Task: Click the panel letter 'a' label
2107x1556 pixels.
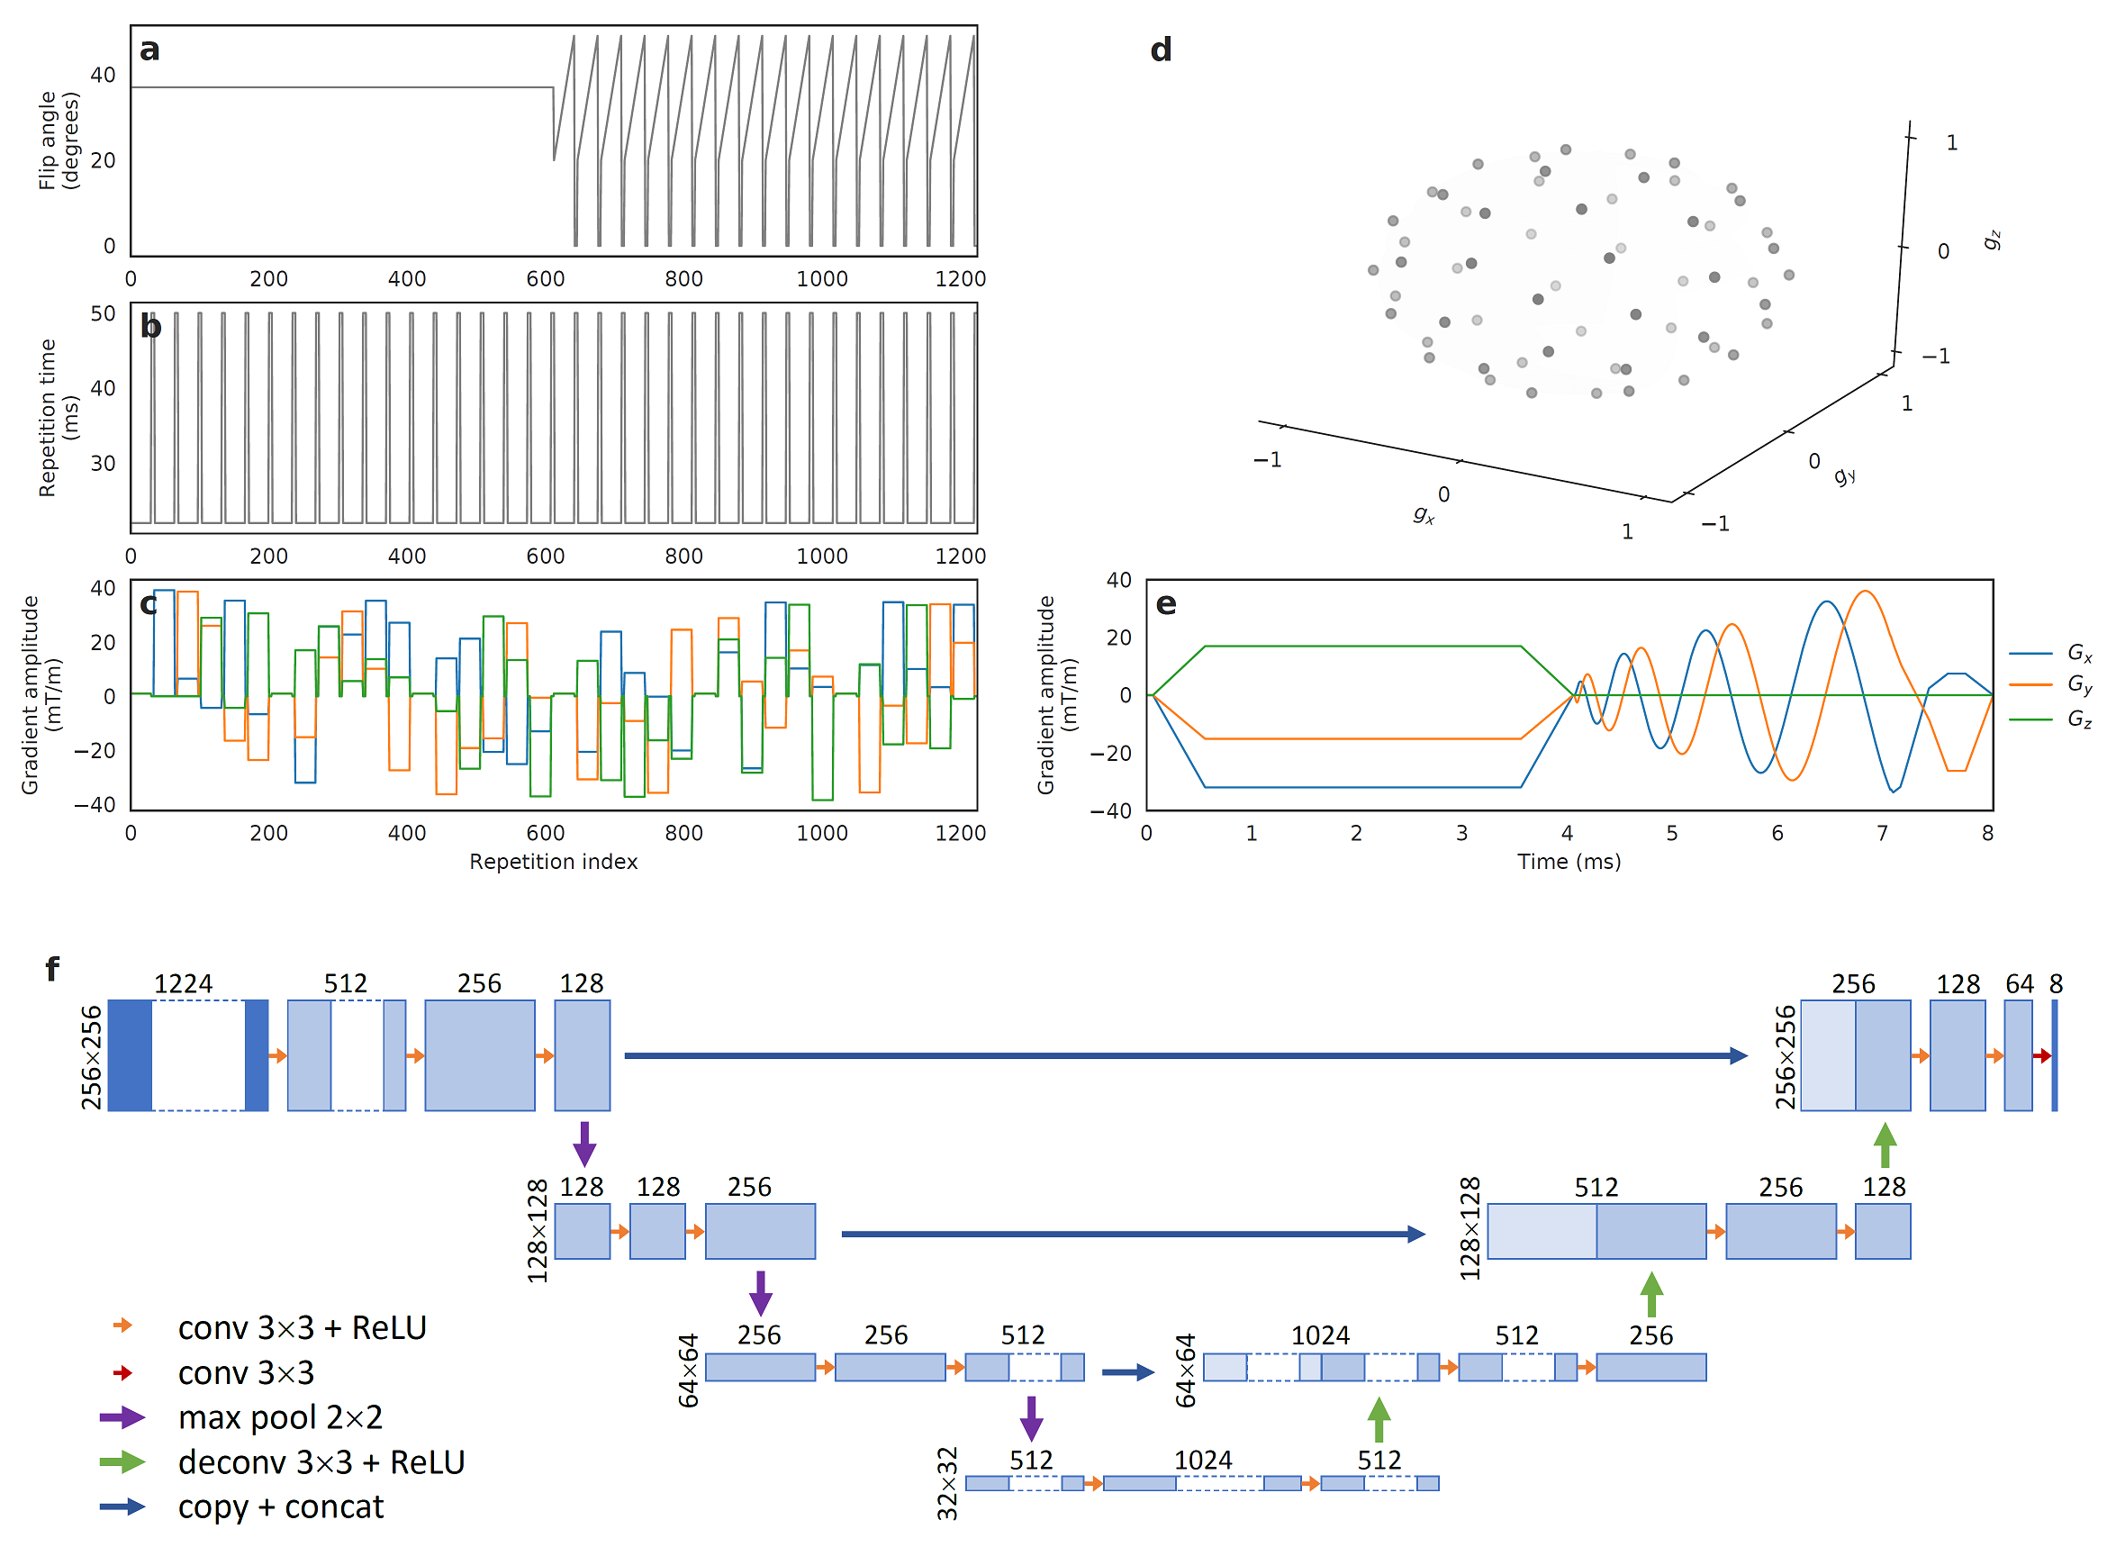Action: click(x=149, y=49)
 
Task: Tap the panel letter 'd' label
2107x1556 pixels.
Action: click(x=1161, y=49)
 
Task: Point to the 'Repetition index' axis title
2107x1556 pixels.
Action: click(x=553, y=862)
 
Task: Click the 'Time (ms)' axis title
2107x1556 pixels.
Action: click(x=1569, y=862)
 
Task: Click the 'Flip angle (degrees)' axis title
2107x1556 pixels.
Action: click(x=59, y=141)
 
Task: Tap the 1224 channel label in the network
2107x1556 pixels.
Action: click(x=183, y=984)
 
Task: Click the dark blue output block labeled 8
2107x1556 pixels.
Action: click(x=2054, y=1056)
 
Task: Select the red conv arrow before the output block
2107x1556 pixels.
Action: click(x=2041, y=1057)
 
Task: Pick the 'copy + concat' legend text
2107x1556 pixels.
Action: click(x=280, y=1508)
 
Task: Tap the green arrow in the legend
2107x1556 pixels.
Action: click(x=122, y=1462)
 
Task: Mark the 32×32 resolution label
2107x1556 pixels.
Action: click(x=946, y=1483)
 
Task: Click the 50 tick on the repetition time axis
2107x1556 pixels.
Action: click(x=103, y=313)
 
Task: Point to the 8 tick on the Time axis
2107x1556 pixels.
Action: click(x=1987, y=834)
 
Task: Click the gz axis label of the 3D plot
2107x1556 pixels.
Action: click(x=1991, y=240)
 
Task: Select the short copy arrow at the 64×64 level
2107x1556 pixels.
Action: click(x=1127, y=1372)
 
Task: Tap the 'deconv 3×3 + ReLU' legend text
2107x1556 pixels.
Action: click(x=321, y=1462)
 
